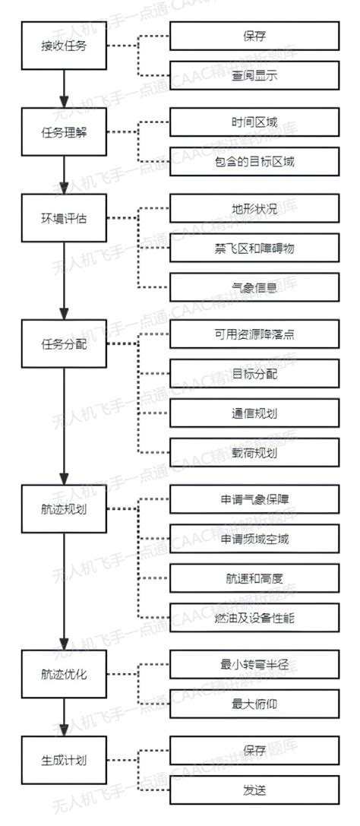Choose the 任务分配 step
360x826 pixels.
tap(64, 343)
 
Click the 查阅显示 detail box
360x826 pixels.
tap(254, 75)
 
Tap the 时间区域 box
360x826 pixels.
tap(254, 121)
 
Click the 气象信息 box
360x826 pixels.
tap(254, 288)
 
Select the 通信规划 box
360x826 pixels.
tap(254, 414)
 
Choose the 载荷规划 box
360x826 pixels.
tap(254, 454)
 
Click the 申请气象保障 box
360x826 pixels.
tap(254, 499)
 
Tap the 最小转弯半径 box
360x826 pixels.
tap(254, 663)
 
